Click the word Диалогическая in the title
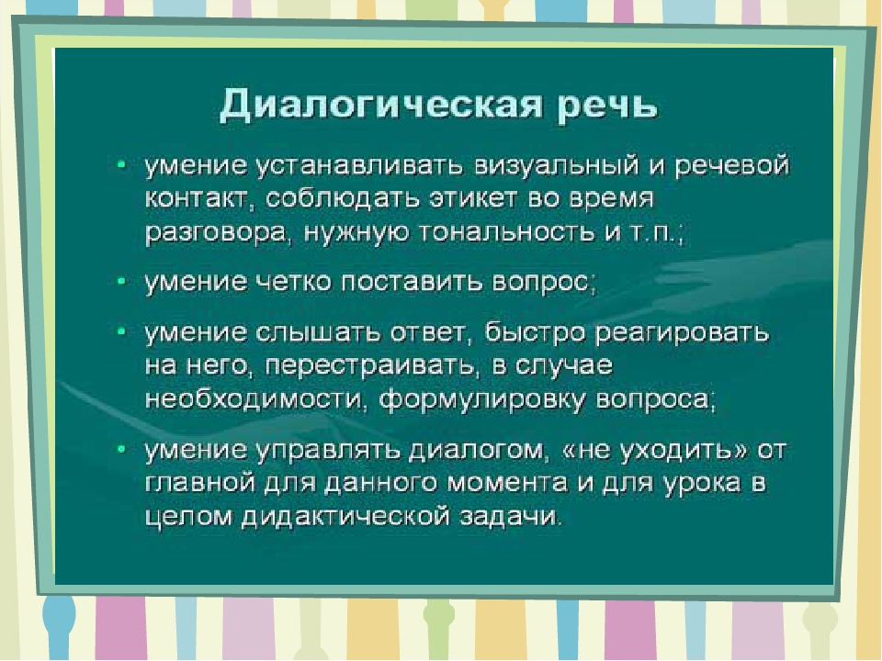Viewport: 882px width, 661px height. (x=380, y=104)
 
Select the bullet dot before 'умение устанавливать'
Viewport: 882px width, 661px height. (x=121, y=164)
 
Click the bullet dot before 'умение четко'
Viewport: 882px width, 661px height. (x=121, y=281)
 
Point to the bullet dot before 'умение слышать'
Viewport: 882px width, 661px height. (x=121, y=331)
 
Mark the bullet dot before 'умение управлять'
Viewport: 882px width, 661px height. (x=121, y=449)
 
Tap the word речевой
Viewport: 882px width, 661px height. (x=732, y=167)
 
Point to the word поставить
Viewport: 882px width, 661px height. (x=412, y=282)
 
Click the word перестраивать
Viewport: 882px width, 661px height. (x=369, y=366)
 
